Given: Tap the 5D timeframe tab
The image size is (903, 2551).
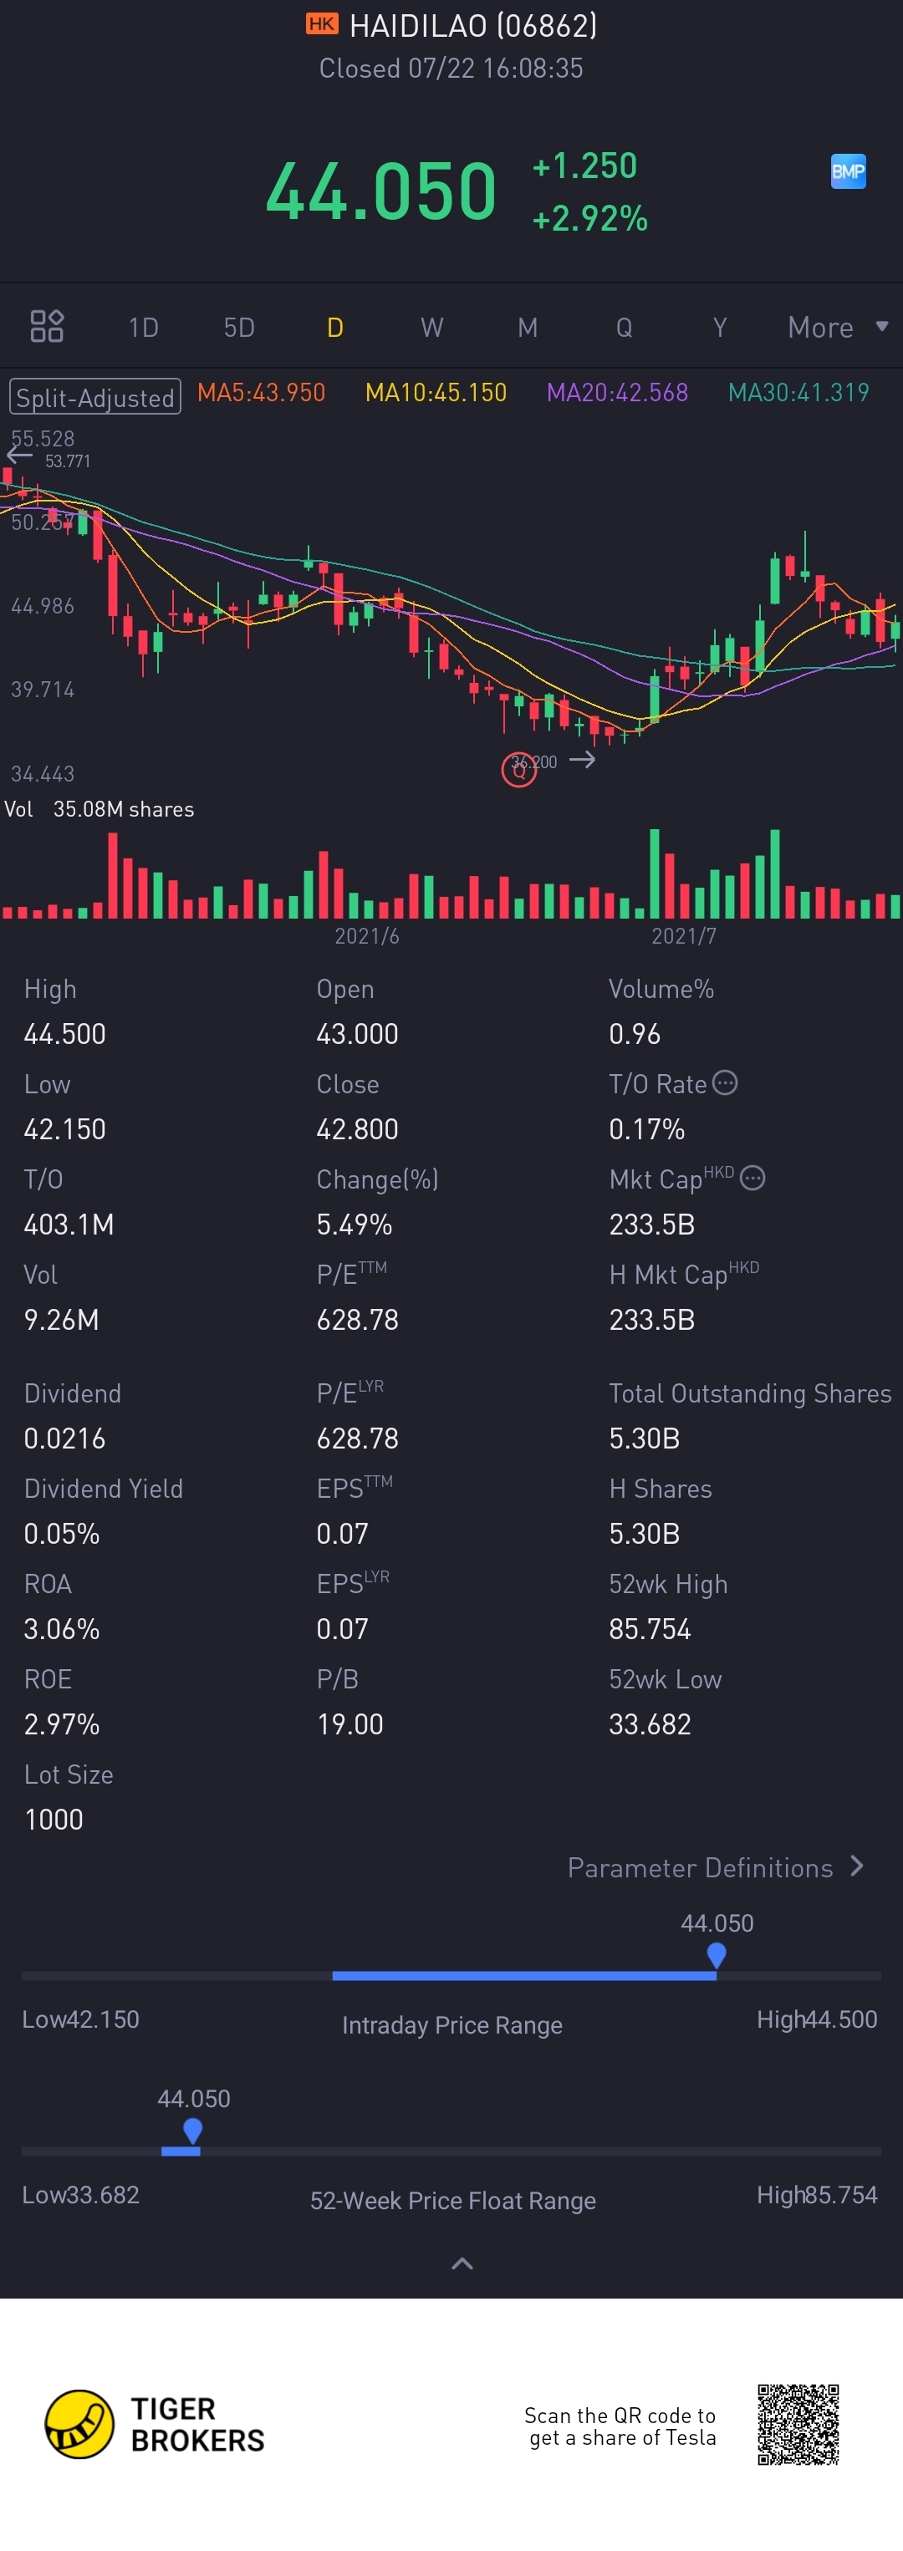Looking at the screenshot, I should point(238,328).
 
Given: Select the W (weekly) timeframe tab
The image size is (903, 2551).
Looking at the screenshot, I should point(431,328).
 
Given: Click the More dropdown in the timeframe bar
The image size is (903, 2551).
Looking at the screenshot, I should point(837,328).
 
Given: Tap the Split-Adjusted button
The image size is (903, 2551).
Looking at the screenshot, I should point(95,397).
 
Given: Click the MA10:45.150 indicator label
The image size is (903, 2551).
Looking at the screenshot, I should point(436,393).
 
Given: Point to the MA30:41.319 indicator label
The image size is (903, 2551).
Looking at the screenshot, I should point(798,393).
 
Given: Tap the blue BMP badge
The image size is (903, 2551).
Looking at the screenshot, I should point(848,171).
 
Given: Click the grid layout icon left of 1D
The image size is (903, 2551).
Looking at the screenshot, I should point(47,326).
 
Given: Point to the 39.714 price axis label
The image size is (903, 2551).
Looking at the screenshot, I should point(43,690).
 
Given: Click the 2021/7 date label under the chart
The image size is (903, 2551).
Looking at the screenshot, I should point(683,936).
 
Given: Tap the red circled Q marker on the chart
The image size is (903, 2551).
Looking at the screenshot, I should point(519,770).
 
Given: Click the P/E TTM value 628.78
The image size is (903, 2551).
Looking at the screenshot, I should point(358,1319).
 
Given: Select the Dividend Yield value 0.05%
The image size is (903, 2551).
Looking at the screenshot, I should point(61,1533).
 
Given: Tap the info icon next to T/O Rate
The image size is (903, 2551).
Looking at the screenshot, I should point(725,1082).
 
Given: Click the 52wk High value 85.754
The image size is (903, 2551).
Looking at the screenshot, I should point(650,1628).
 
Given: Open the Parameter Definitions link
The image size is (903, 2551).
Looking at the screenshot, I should point(715,1867).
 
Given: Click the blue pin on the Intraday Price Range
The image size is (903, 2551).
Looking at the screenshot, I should point(717,1954).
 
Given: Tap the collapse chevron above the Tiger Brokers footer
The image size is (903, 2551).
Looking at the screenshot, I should point(462,2263).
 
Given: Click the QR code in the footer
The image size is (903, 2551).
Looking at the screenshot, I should point(798,2424).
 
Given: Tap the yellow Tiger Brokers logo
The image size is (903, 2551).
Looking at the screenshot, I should point(79,2424).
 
